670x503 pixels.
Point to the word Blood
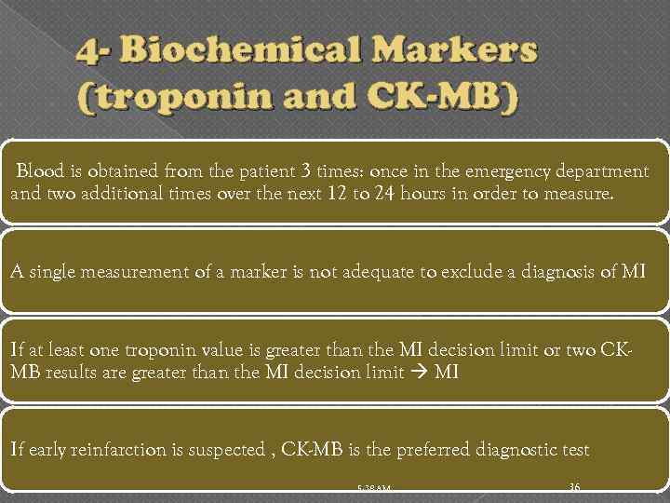click(40, 171)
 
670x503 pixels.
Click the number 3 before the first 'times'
click(306, 171)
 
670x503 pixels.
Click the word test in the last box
click(573, 450)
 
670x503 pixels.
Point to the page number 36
click(574, 487)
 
